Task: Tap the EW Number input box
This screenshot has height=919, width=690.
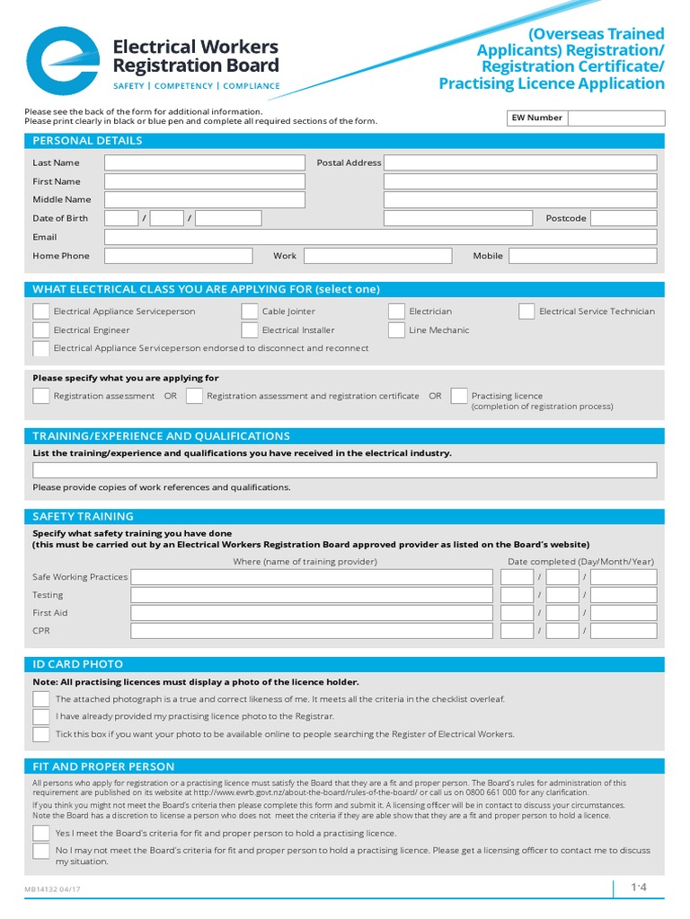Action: click(x=616, y=118)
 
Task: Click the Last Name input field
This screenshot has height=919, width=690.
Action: click(x=205, y=162)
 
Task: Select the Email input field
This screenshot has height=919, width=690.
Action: click(x=380, y=237)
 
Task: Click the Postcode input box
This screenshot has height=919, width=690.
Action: click(x=624, y=218)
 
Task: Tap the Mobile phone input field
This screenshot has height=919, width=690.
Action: click(x=582, y=256)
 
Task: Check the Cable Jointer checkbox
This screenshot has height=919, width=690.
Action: click(x=250, y=311)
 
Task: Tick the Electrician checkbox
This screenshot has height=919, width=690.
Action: click(x=396, y=311)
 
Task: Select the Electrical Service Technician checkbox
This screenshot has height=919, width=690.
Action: click(x=526, y=311)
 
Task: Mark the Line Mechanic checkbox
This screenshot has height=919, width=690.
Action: click(x=396, y=330)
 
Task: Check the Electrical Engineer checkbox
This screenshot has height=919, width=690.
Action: click(x=41, y=330)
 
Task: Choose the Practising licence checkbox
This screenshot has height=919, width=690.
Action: click(x=459, y=396)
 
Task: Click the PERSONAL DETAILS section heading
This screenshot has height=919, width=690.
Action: click(x=87, y=141)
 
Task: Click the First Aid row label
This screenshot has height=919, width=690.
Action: click(x=50, y=613)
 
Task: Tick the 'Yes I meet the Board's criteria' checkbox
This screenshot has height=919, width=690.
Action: click(x=41, y=833)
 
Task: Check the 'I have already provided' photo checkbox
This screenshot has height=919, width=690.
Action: click(x=41, y=716)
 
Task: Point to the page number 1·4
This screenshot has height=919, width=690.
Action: click(x=638, y=888)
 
